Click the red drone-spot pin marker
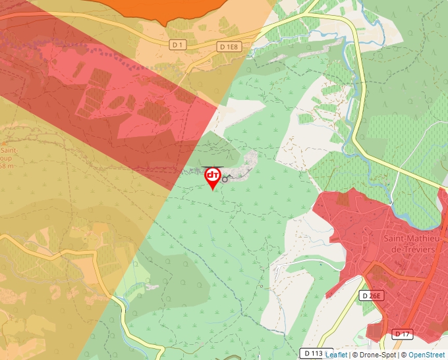[213, 177]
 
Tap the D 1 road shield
[177, 45]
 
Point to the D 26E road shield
[372, 296]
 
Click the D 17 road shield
[402, 334]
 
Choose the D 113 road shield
[312, 353]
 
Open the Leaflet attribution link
[337, 355]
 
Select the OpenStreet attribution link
[426, 355]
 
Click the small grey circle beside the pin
[225, 179]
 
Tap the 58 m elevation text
[7, 165]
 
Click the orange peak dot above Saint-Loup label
[4, 141]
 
